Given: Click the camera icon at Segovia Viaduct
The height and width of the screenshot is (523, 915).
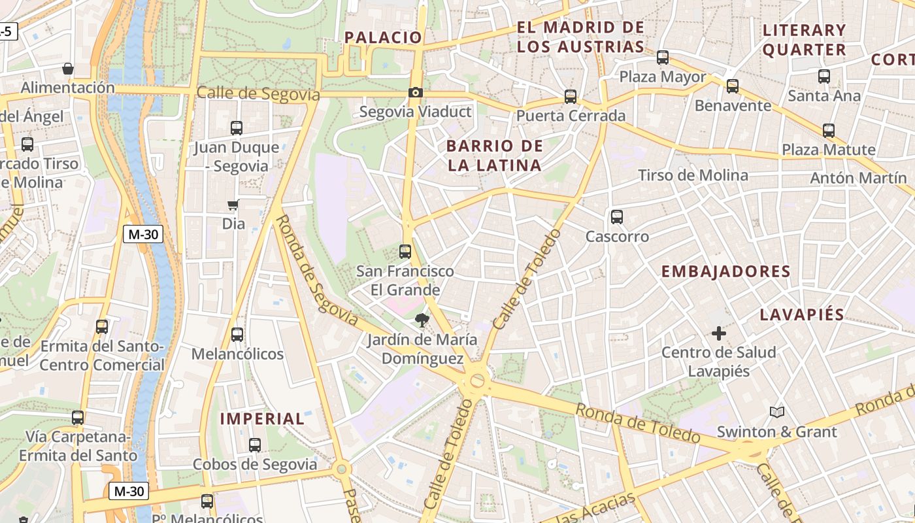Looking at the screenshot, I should pos(415,93).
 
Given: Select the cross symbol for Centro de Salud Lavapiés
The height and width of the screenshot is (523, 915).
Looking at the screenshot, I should pos(719,333).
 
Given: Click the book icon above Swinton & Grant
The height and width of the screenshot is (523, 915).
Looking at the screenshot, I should pos(776,412).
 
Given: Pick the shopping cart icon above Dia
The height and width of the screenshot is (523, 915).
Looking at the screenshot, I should pos(233,205).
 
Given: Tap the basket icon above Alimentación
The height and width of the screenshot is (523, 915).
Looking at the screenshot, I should pos(67,69).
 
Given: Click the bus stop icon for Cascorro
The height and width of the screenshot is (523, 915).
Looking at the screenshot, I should pos(616,217).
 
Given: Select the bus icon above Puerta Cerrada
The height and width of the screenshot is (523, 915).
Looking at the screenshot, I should pos(571,97).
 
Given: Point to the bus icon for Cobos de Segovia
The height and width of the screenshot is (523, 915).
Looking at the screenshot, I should pos(255,445).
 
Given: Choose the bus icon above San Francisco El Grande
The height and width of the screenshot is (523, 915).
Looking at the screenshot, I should pos(405,252).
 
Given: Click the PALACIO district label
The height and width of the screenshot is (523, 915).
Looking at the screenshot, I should pos(383,37).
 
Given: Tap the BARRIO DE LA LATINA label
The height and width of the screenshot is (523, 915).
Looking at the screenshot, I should pos(495,156).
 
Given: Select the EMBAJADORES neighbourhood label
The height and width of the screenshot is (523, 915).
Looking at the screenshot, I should pos(725,271).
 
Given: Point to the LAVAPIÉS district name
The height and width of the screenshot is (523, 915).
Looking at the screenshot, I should pos(802,314).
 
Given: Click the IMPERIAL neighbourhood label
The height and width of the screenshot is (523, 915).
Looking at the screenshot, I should pos(262,418).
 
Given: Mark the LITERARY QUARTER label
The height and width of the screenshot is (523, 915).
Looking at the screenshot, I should pos(805,40).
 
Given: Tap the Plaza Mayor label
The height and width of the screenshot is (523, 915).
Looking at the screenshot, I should pos(663,77).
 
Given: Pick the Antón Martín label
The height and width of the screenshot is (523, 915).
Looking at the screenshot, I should pos(858,178).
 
